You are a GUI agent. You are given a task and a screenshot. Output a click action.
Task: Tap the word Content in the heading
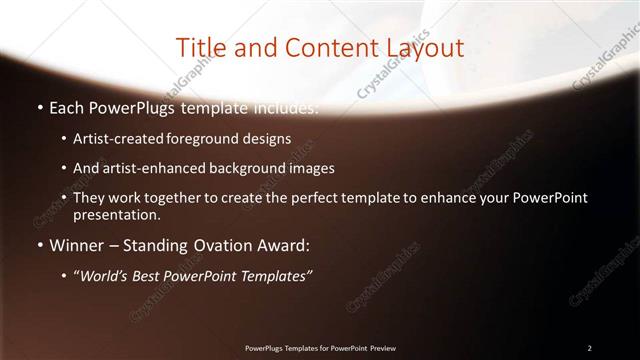point(325,48)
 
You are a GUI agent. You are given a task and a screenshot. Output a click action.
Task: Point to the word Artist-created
point(112,138)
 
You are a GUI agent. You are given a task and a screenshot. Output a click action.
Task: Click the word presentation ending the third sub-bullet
point(117,214)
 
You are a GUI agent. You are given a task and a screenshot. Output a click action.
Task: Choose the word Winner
point(76,245)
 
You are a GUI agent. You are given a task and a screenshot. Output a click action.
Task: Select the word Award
point(281,245)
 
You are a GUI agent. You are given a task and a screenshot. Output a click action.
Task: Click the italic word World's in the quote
point(104,276)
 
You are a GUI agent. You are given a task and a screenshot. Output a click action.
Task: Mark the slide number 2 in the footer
point(589,348)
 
